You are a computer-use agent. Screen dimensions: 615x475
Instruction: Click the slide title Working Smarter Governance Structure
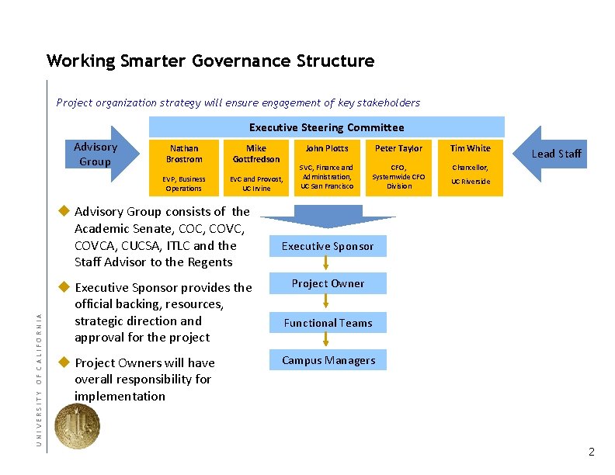[210, 61]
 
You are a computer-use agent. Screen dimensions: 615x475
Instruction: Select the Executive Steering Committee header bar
[326, 127]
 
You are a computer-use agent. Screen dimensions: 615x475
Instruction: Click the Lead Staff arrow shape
[553, 154]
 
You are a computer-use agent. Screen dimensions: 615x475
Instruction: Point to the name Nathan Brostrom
[183, 154]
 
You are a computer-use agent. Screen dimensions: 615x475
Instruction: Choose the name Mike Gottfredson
[255, 154]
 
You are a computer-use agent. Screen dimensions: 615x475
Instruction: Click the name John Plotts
[327, 148]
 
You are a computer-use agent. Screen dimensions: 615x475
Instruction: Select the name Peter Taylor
[398, 148]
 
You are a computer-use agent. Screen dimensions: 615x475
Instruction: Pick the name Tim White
[471, 148]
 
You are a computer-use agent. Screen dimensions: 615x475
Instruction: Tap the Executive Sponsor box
[327, 246]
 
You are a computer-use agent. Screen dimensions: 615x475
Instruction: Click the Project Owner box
[327, 283]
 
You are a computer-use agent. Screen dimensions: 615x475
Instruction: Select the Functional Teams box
[327, 323]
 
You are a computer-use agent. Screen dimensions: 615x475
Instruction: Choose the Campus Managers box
[327, 360]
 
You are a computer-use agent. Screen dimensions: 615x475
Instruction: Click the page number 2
[592, 452]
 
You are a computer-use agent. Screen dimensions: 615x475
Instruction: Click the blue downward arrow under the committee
[327, 215]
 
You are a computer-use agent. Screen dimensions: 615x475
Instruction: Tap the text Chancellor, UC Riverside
[471, 175]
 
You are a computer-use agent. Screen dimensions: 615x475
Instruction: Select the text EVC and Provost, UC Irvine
[255, 184]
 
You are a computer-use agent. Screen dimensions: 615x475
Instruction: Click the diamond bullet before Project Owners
[65, 362]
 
